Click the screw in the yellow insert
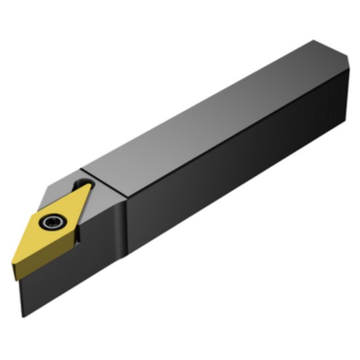point(50,223)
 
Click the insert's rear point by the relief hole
point(90,186)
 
